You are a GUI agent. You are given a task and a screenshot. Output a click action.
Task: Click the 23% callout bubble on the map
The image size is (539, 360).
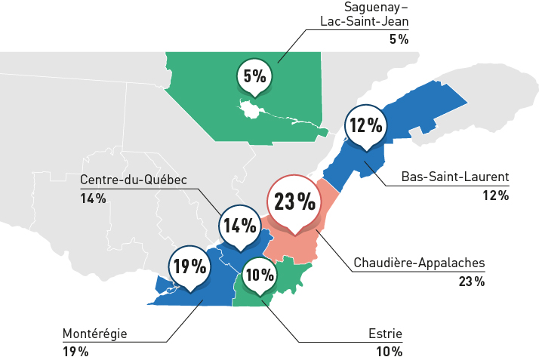coord(294,202)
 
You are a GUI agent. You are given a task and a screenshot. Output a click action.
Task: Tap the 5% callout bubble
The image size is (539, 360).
coord(254,75)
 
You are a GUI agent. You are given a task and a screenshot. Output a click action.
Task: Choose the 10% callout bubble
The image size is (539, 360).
coord(259,275)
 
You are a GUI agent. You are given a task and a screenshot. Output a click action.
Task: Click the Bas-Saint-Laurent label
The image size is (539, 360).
coord(454,178)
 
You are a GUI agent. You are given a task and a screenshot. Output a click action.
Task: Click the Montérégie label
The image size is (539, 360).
coord(94,334)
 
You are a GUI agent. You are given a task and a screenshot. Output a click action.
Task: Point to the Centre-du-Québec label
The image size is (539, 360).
coord(133,180)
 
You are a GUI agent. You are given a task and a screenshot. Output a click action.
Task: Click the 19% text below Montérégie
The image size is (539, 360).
coord(75,352)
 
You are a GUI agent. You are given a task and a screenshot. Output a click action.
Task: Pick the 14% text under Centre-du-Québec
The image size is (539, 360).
coord(93,198)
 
